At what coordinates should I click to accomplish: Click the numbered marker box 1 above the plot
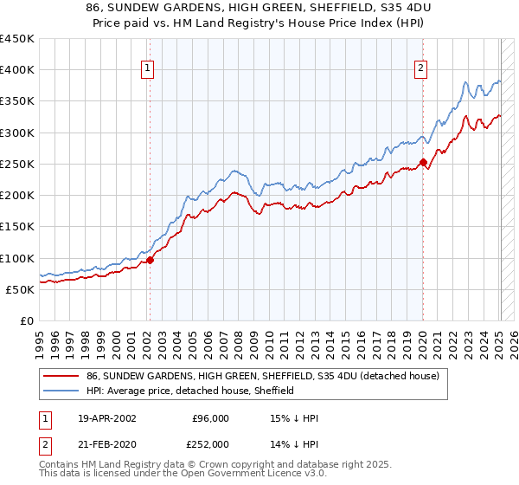(149, 68)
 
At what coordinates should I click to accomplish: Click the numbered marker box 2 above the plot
(421, 68)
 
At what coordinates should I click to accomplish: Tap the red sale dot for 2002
(150, 259)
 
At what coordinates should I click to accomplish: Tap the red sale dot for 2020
(423, 162)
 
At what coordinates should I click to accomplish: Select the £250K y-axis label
(17, 164)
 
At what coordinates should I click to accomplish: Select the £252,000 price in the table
(208, 443)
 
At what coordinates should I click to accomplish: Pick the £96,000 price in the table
(210, 418)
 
